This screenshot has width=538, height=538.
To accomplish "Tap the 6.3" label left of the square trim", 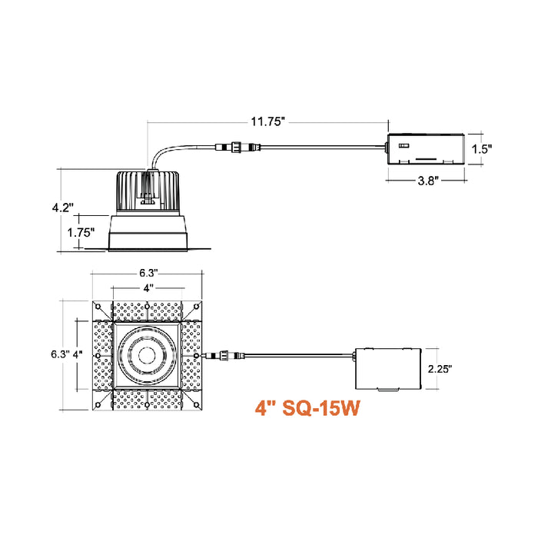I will (59, 354).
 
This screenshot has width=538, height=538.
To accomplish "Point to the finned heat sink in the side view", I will (147, 190).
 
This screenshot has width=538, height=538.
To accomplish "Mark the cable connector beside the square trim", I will (221, 355).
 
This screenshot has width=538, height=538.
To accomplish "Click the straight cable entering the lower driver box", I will (300, 355).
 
